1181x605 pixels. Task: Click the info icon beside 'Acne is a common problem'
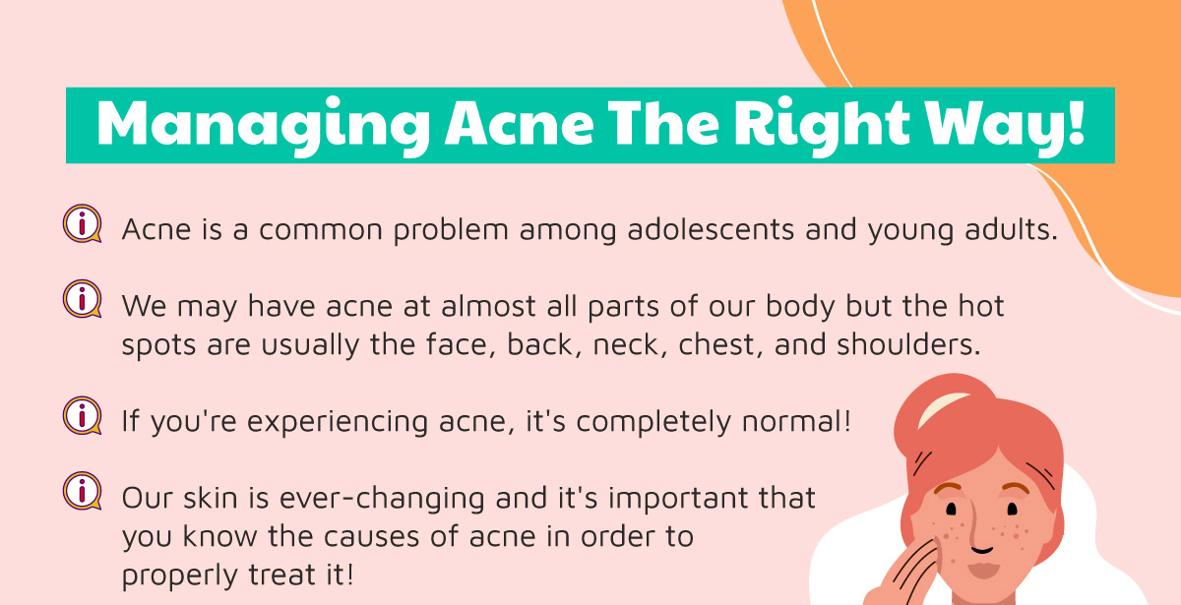(83, 223)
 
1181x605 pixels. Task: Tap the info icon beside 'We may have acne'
(83, 299)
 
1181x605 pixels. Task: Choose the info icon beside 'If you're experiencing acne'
(83, 416)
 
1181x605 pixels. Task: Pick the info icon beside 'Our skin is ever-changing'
(83, 491)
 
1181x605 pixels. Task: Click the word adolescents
(711, 229)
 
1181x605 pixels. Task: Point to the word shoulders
(908, 344)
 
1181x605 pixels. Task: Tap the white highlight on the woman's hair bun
(942, 409)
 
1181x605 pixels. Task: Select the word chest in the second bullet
(720, 345)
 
